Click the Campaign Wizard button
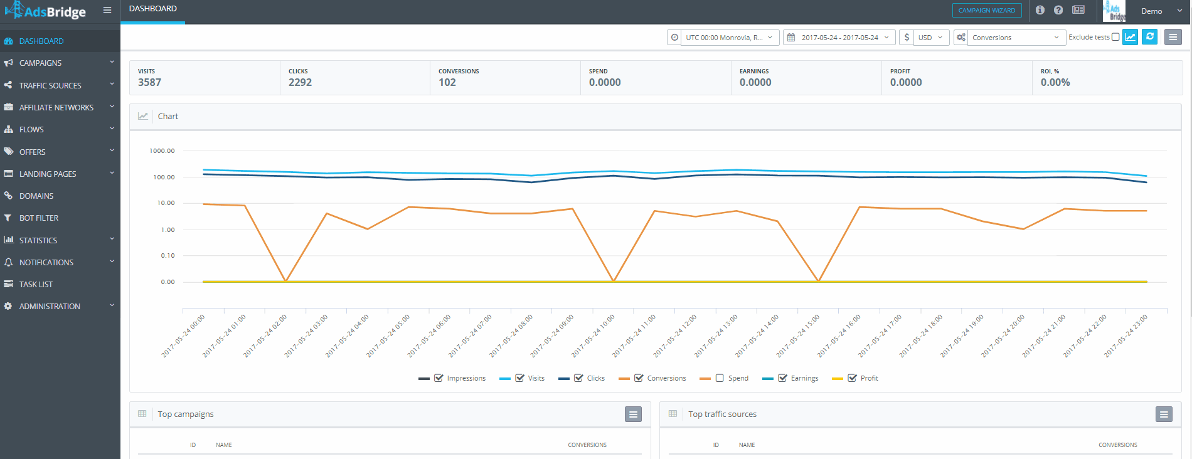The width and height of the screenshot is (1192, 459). pyautogui.click(x=987, y=10)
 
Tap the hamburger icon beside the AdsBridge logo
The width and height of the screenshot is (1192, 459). pyautogui.click(x=107, y=10)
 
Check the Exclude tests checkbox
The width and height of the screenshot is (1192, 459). pyautogui.click(x=1115, y=37)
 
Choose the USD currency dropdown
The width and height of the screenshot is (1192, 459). pyautogui.click(x=931, y=38)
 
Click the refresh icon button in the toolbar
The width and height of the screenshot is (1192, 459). pyautogui.click(x=1150, y=37)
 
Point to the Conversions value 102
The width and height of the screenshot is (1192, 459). pyautogui.click(x=447, y=82)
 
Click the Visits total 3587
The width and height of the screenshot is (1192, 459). pyautogui.click(x=149, y=82)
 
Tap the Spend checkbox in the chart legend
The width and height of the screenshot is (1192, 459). pyautogui.click(x=720, y=378)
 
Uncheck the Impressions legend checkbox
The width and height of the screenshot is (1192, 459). pyautogui.click(x=439, y=378)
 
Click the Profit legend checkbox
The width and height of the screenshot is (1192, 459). pyautogui.click(x=852, y=378)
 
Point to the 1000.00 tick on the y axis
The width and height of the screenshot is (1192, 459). pyautogui.click(x=162, y=151)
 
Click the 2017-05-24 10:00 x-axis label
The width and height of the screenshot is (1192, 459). pyautogui.click(x=593, y=336)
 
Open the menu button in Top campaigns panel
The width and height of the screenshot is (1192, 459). pyautogui.click(x=633, y=414)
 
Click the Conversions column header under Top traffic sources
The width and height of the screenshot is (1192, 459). pyautogui.click(x=1118, y=445)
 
